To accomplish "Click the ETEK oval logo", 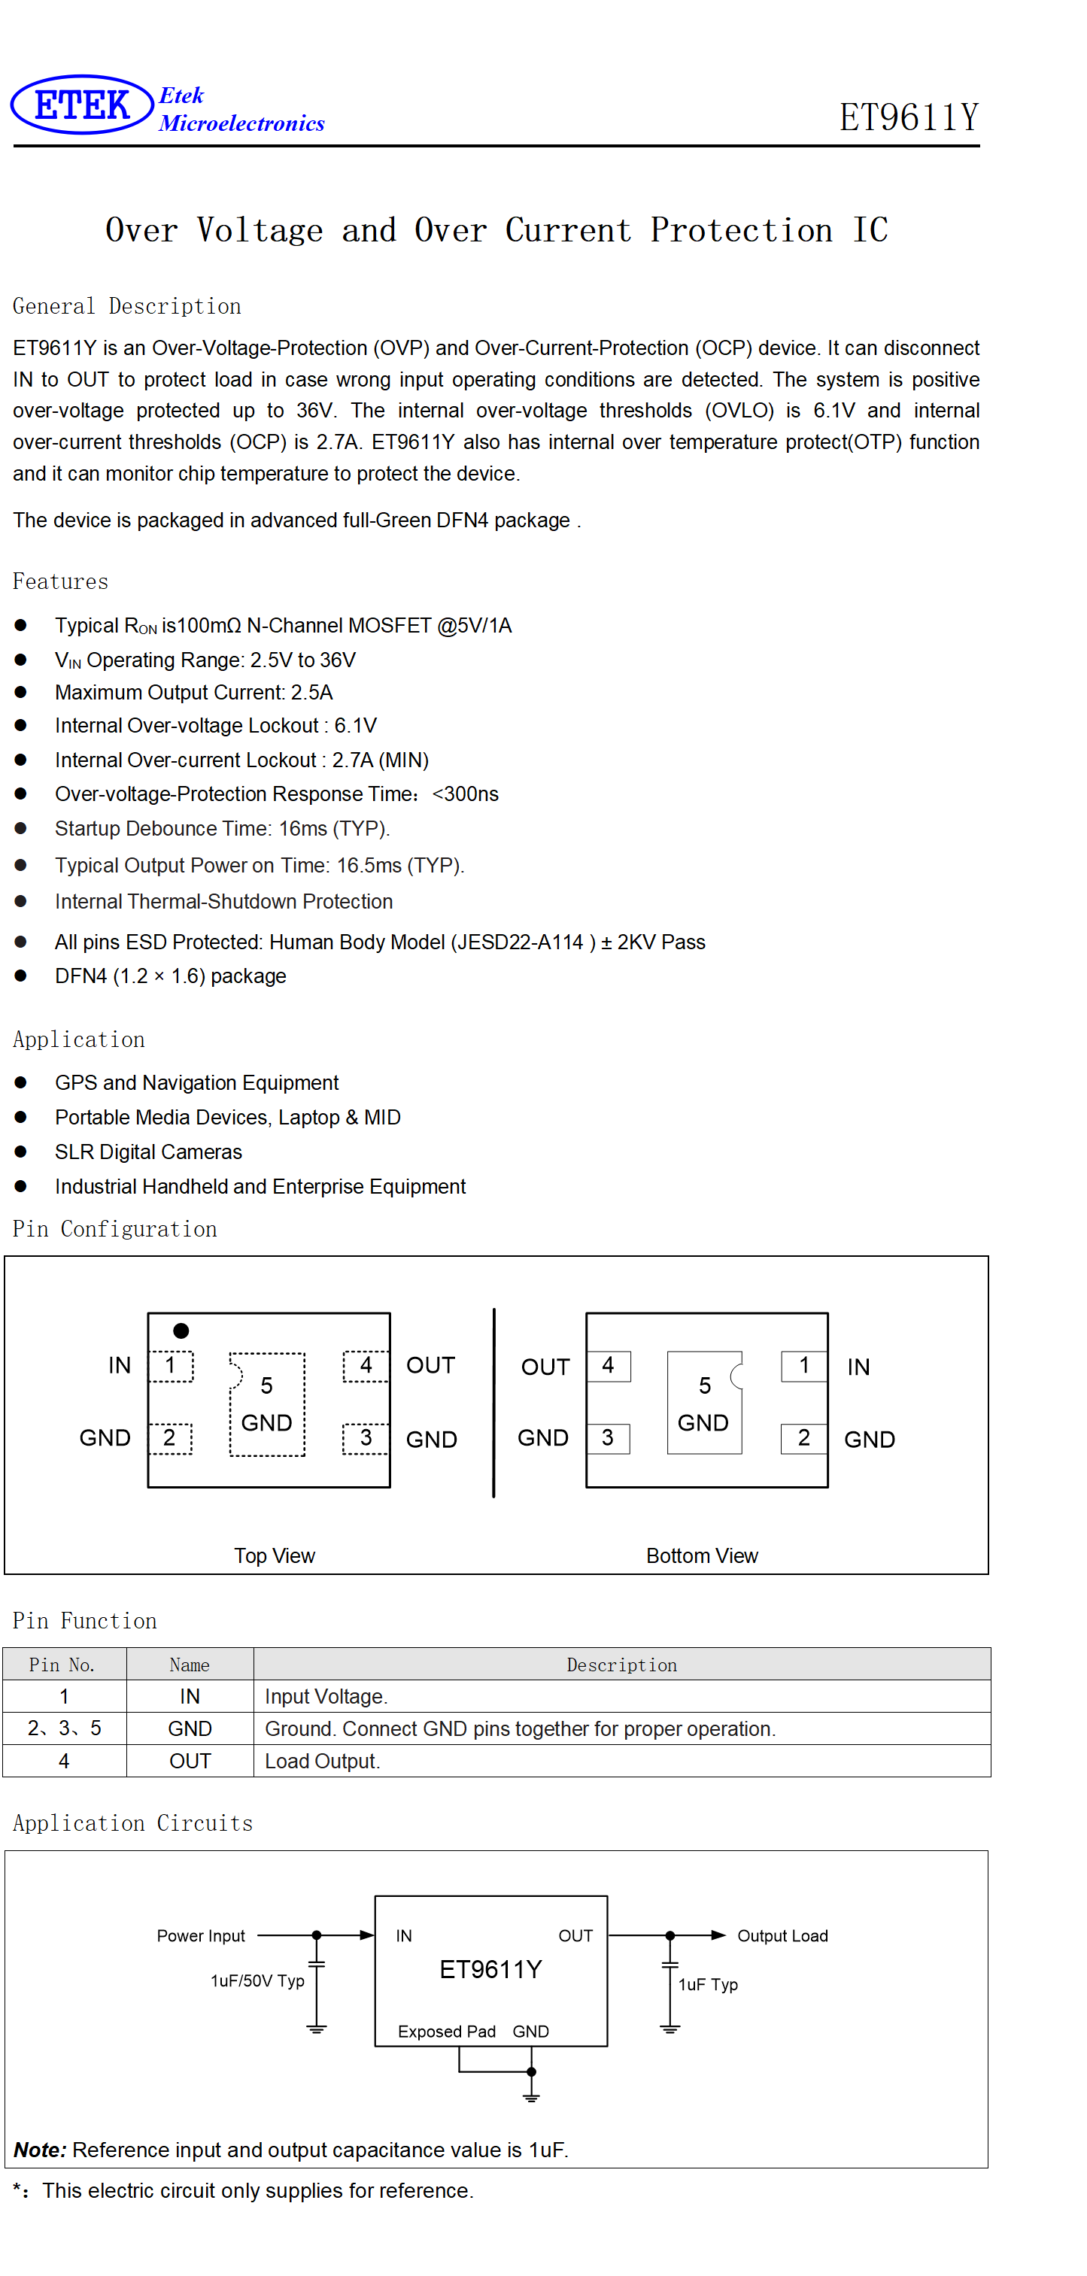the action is click(x=82, y=105).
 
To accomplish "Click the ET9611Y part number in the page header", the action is click(x=909, y=117).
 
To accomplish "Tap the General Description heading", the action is click(x=126, y=305).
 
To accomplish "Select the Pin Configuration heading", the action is click(x=115, y=1229).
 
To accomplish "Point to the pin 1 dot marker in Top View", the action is click(x=181, y=1330).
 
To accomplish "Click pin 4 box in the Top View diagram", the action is click(x=366, y=1366).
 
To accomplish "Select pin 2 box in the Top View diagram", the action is click(x=170, y=1438).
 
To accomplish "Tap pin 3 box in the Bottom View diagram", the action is click(x=608, y=1438).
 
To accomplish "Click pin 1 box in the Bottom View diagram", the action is click(x=804, y=1366).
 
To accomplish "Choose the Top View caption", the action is click(x=274, y=1556).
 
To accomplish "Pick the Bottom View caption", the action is click(x=702, y=1556).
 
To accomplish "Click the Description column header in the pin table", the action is click(x=622, y=1665).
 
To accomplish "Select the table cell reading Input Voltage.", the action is click(x=326, y=1696).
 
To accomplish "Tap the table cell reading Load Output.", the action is click(x=323, y=1761).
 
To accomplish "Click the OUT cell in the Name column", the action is click(x=190, y=1761).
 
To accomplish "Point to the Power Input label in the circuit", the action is click(x=201, y=1936).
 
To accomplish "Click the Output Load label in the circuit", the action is click(x=782, y=1936).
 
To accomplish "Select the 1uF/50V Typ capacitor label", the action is click(x=257, y=1981).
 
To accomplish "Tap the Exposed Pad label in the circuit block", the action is click(x=446, y=2032).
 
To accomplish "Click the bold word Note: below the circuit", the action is click(x=40, y=2150).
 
